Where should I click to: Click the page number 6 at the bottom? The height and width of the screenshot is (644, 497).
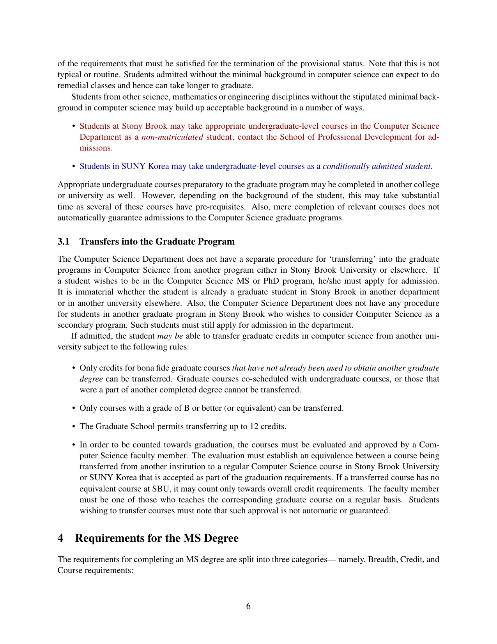[x=248, y=606]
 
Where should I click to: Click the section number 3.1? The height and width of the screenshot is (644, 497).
[x=64, y=241]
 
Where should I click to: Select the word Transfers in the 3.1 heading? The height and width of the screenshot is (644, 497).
[x=97, y=241]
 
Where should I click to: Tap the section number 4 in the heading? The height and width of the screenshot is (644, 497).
[x=60, y=538]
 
